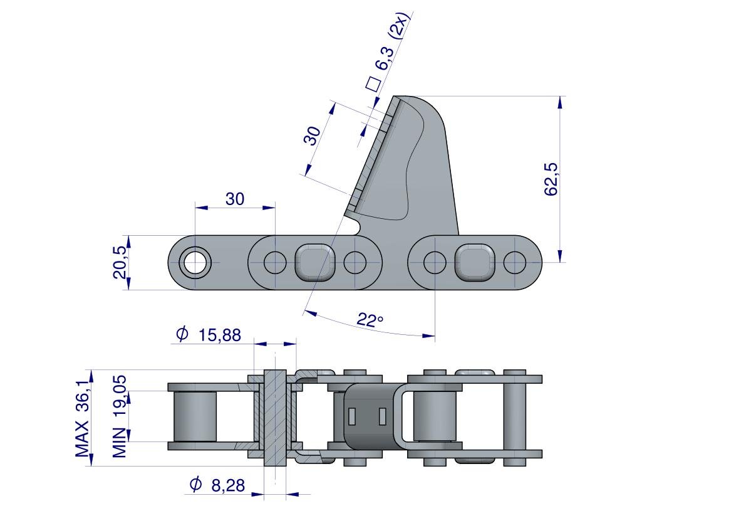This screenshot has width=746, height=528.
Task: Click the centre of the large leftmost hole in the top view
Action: (195, 262)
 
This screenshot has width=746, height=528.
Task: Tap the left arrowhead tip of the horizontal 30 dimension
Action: (195, 208)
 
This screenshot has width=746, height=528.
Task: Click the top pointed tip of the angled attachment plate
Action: (395, 97)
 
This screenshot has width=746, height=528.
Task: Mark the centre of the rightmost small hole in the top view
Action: (515, 262)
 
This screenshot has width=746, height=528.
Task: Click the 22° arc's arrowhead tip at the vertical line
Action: (435, 336)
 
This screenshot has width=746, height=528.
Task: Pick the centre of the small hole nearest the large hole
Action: (275, 262)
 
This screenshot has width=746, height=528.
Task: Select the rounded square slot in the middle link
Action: (315, 262)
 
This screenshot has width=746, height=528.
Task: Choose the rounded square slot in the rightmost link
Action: (475, 262)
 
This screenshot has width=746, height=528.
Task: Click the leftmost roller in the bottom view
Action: (195, 416)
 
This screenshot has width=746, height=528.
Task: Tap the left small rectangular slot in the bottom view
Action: (352, 416)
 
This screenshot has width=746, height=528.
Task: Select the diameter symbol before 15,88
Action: (182, 334)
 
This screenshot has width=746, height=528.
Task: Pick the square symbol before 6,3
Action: (373, 83)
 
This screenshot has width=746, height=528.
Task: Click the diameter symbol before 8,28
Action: (195, 484)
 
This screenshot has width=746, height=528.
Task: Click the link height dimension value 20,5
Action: (120, 262)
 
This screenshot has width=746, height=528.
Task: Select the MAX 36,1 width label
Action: (82, 414)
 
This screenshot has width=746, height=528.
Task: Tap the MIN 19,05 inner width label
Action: (120, 416)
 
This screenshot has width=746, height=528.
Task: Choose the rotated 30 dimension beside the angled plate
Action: (313, 135)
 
